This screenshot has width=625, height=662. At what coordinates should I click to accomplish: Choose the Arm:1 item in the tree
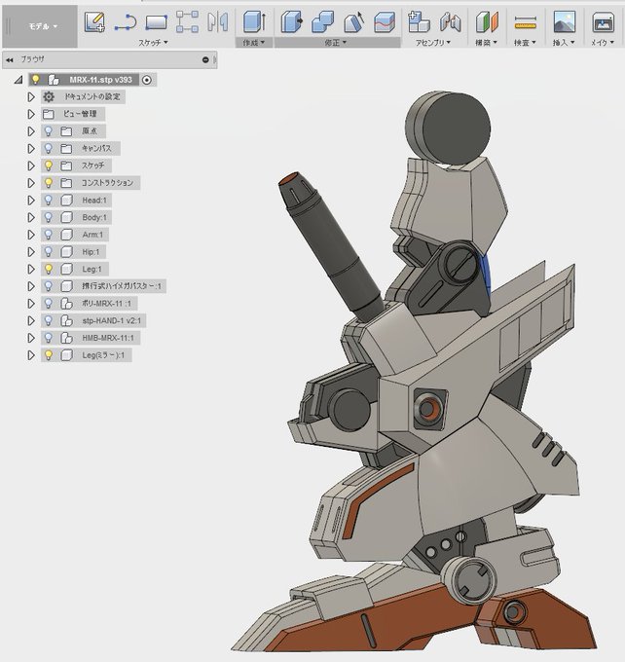[x=92, y=235]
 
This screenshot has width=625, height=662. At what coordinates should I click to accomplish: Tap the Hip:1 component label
[x=92, y=251]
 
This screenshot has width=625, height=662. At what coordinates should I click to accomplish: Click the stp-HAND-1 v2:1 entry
[x=113, y=320]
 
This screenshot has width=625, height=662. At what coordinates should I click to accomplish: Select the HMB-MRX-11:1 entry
[x=110, y=338]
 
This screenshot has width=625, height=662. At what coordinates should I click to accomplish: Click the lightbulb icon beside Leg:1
[x=48, y=269]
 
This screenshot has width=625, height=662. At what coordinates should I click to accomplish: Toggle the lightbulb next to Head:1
[x=48, y=200]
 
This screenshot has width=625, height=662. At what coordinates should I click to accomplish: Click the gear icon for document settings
[x=49, y=97]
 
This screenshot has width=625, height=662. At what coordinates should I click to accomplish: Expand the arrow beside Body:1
[x=31, y=217]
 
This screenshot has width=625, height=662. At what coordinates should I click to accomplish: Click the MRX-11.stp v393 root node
[x=100, y=80]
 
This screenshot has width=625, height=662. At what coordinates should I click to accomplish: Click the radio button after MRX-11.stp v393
[x=146, y=80]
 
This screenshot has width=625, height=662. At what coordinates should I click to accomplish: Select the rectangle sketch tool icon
[x=156, y=21]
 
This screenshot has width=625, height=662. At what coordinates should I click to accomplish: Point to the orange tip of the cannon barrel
[x=291, y=181]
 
